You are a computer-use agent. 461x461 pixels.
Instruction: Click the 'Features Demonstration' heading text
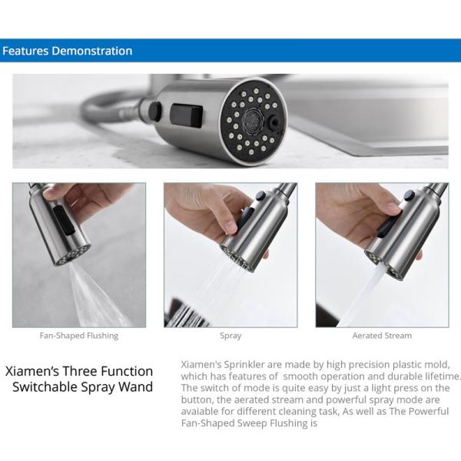tap(67, 51)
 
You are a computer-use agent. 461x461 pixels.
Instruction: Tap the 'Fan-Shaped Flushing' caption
tap(79, 336)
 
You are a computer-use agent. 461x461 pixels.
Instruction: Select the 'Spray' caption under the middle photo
tap(230, 336)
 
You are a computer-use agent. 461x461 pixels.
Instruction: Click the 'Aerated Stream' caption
tap(382, 336)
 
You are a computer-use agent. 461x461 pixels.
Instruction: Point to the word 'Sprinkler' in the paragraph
tap(244, 364)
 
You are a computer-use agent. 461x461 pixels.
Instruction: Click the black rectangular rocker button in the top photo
tap(186, 116)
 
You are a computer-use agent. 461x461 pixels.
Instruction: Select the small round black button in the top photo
tap(155, 111)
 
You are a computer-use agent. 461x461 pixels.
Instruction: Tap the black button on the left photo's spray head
tap(67, 222)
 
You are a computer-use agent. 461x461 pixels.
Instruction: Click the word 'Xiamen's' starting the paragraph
tap(201, 364)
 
